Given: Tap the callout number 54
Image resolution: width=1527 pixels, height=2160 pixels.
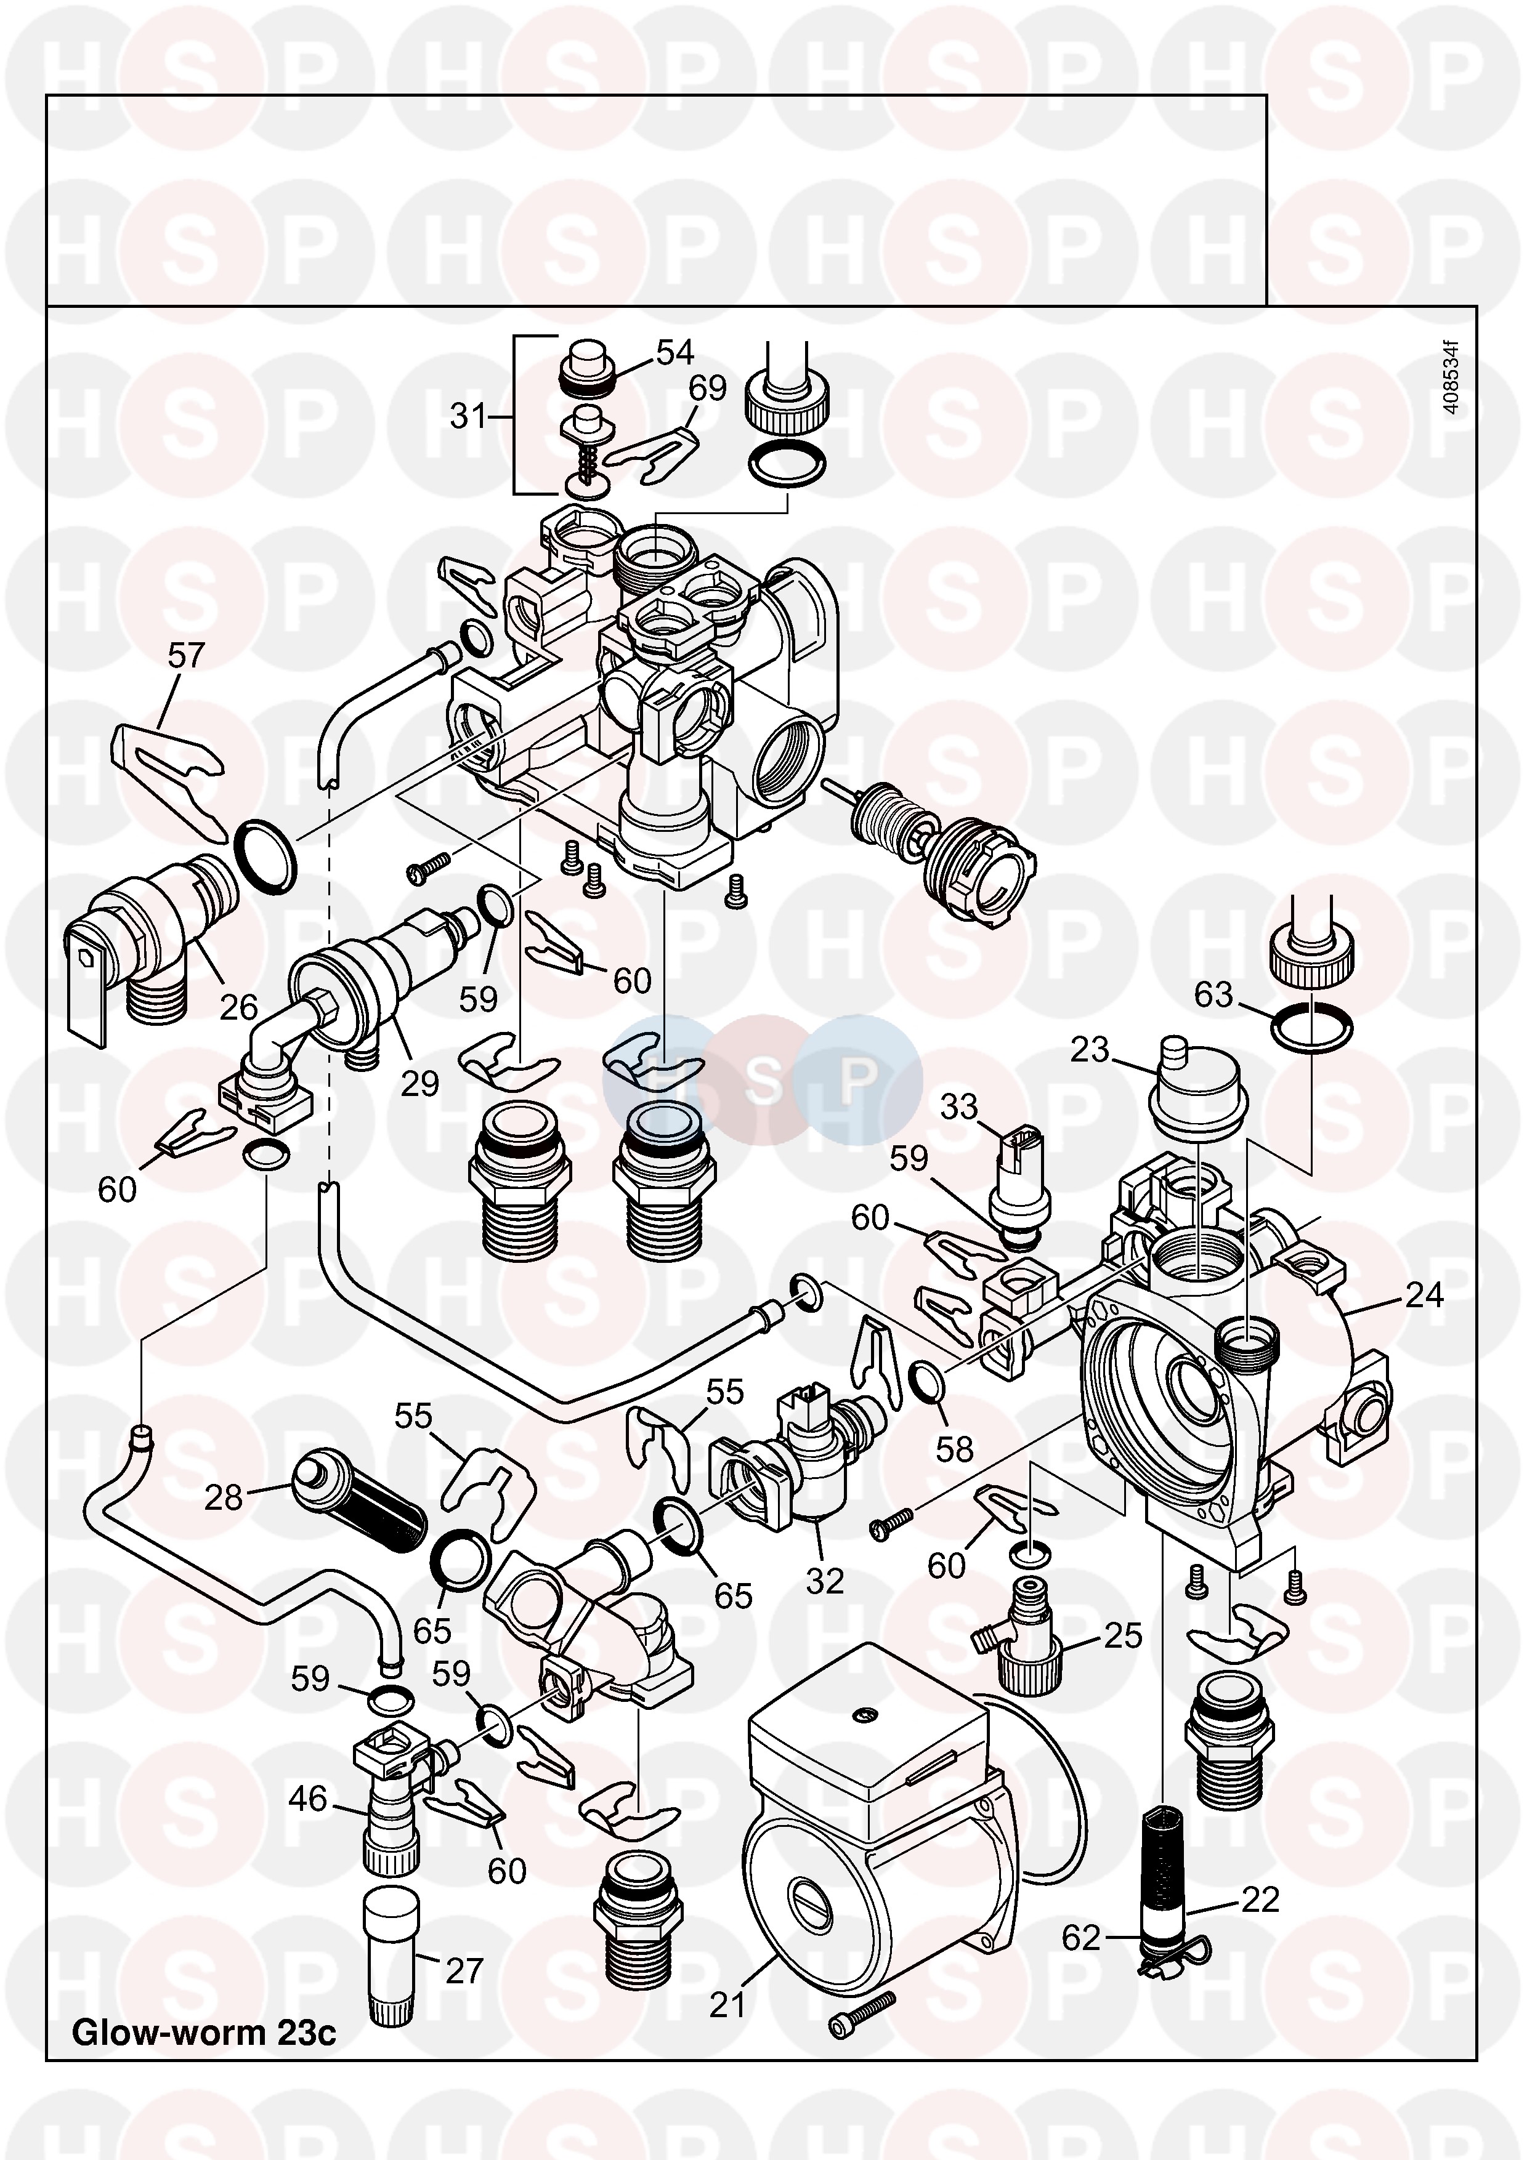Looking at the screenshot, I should pyautogui.click(x=674, y=353).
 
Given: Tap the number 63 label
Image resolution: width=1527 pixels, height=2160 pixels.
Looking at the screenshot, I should pyautogui.click(x=1213, y=994).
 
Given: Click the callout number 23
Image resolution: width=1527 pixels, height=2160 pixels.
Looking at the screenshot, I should pyautogui.click(x=1090, y=1049).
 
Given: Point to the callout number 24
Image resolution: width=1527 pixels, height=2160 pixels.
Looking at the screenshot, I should pyautogui.click(x=1424, y=1296).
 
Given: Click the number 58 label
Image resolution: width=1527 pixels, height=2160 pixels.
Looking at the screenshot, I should pyautogui.click(x=954, y=1449).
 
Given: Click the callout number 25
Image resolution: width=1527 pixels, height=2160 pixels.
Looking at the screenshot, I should pyautogui.click(x=1122, y=1636).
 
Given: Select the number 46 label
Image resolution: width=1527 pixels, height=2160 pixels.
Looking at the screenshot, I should pyautogui.click(x=307, y=1800).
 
